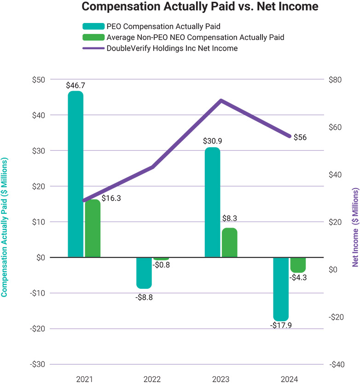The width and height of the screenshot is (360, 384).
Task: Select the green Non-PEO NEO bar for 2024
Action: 298,265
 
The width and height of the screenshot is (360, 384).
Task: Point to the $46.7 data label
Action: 75,85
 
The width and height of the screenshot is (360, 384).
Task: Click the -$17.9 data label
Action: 281,326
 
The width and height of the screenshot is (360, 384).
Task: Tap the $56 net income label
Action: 300,137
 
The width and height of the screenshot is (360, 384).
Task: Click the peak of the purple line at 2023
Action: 221,100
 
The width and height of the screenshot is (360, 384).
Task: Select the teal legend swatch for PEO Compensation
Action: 95,26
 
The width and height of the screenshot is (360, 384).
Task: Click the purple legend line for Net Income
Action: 95,48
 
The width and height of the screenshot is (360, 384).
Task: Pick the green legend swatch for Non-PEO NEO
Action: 95,37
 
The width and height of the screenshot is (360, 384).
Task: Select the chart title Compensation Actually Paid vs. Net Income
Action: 180,8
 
